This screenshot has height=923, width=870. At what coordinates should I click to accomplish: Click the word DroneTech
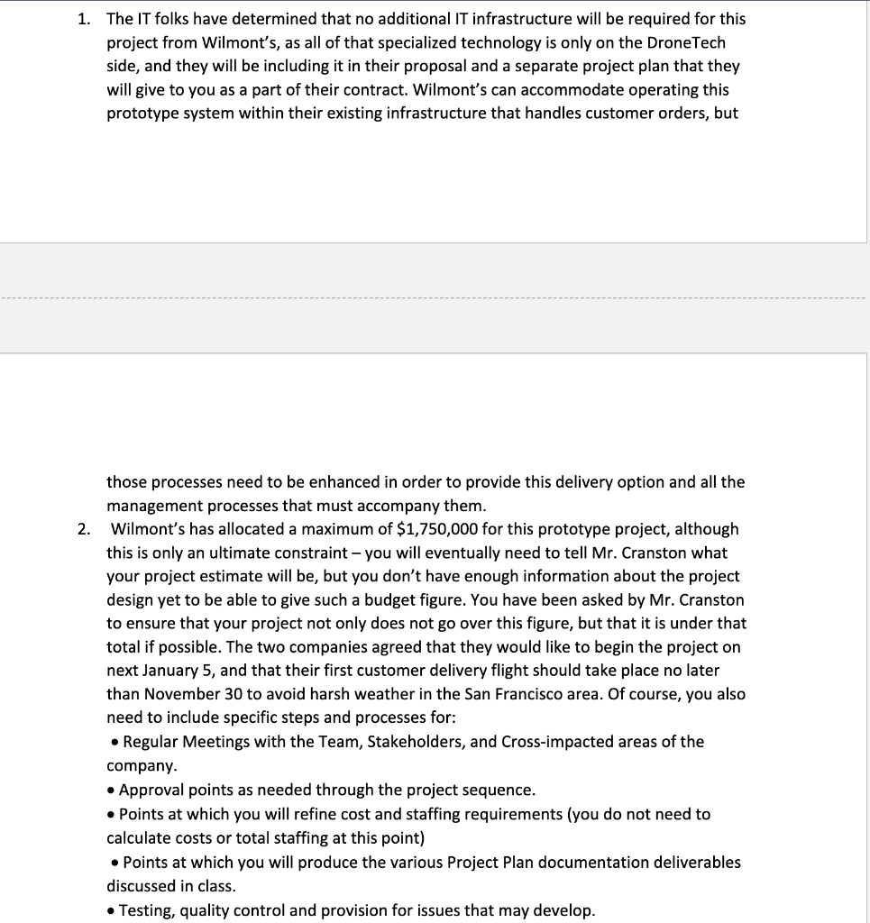pos(688,42)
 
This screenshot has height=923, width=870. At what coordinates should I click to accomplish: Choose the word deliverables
pos(696,862)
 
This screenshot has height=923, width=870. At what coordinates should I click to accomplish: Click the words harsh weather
pos(411,694)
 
